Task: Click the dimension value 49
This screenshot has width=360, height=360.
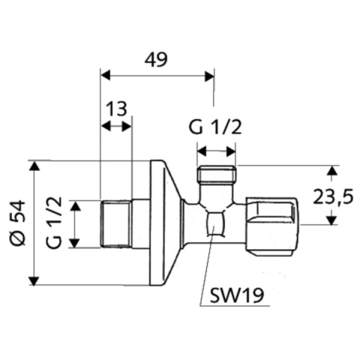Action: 157,58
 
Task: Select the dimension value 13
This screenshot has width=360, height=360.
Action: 115,109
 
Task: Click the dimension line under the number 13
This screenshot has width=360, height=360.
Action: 115,127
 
